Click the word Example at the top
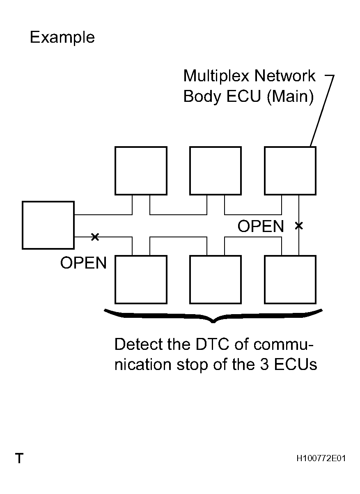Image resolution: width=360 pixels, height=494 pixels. pyautogui.click(x=62, y=38)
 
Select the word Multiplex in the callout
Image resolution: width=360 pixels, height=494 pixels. pyautogui.click(x=216, y=76)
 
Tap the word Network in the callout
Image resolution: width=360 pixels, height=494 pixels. pyautogui.click(x=285, y=76)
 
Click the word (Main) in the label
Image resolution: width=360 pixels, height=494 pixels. pyautogui.click(x=290, y=97)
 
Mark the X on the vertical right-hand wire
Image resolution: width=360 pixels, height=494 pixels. pyautogui.click(x=299, y=226)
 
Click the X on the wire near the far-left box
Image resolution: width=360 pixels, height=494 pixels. pyautogui.click(x=95, y=237)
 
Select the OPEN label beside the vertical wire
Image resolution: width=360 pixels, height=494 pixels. pyautogui.click(x=261, y=226)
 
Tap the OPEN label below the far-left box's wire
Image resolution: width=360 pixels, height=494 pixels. pyautogui.click(x=83, y=263)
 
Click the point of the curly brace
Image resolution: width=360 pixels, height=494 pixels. pyautogui.click(x=213, y=323)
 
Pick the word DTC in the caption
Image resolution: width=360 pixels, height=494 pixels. pyautogui.click(x=212, y=344)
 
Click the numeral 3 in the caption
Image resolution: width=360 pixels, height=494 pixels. pyautogui.click(x=264, y=364)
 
